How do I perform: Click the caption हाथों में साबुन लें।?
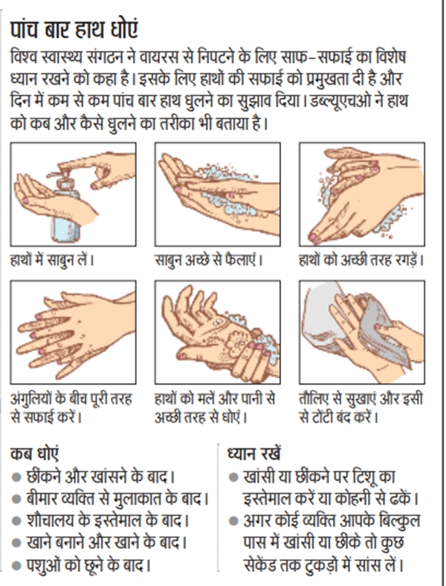[51, 260]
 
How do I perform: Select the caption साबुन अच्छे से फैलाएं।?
[209, 260]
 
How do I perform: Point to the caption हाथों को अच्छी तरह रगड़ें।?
[361, 260]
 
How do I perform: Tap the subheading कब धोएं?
[34, 454]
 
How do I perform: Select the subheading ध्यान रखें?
[254, 454]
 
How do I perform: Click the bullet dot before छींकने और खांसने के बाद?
[16, 477]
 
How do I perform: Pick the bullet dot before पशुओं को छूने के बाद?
[16, 566]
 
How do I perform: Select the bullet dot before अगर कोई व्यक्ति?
[233, 521]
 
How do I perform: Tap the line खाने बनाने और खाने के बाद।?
[106, 542]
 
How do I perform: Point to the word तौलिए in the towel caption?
[314, 399]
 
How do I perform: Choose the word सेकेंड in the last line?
[261, 564]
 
